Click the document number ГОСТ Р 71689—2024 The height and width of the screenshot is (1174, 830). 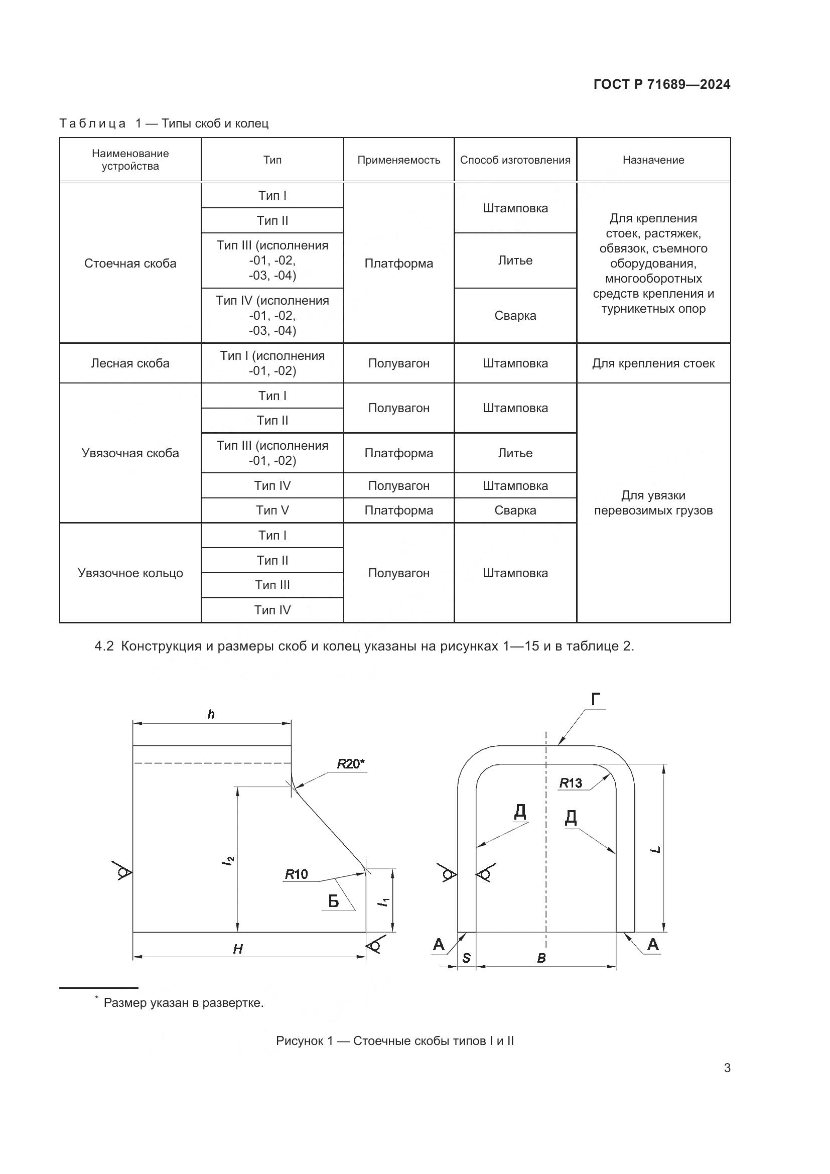[662, 84]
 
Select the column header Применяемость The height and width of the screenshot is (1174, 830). [398, 160]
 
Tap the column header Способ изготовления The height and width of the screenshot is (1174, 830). [515, 160]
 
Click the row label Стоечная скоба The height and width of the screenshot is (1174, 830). [130, 264]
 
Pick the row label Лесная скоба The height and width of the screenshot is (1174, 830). [130, 363]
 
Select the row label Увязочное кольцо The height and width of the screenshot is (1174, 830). [130, 573]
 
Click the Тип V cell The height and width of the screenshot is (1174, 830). [272, 510]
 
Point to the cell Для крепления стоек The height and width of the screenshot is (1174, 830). [653, 363]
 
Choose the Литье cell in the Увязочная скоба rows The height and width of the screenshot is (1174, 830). [515, 453]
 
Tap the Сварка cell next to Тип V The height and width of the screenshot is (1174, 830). [515, 510]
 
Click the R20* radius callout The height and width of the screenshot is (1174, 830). [351, 764]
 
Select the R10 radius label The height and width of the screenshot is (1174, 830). [297, 874]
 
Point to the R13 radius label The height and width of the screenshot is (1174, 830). [571, 783]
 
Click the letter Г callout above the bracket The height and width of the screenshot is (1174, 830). [596, 700]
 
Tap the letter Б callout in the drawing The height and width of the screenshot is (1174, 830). [333, 901]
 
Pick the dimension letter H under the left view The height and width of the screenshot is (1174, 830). [238, 950]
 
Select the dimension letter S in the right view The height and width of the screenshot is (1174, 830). [466, 958]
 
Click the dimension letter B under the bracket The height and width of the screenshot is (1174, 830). [542, 958]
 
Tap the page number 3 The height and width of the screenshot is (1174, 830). [727, 1068]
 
